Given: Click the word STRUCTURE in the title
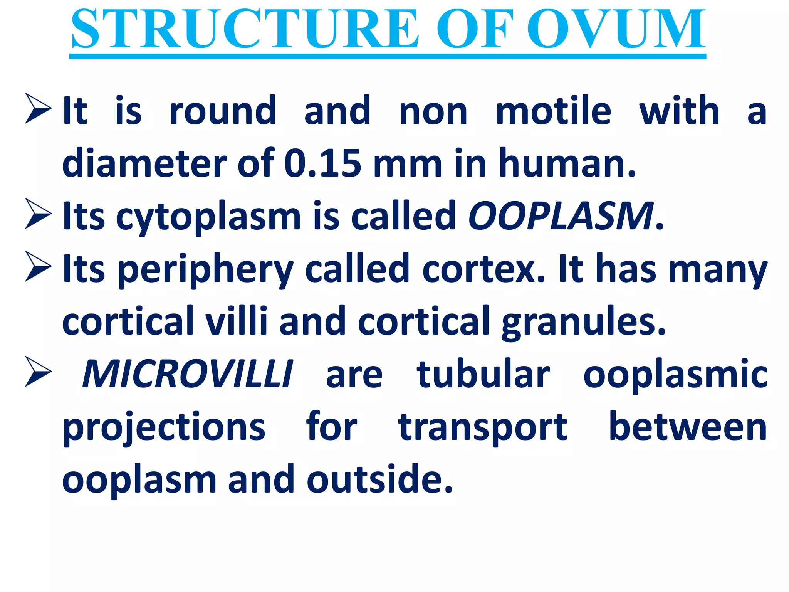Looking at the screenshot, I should [x=245, y=30].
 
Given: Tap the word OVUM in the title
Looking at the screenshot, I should [x=616, y=30].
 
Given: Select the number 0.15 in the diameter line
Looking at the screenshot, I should [x=323, y=164].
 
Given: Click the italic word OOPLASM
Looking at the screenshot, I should [x=561, y=216].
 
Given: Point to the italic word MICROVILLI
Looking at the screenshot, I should [x=188, y=374].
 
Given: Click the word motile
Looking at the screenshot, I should [x=553, y=111].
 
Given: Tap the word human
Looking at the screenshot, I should [x=566, y=164].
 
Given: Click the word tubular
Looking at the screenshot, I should [x=483, y=374].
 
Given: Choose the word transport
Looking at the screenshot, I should [x=483, y=427].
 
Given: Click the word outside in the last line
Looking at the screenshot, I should [x=379, y=479].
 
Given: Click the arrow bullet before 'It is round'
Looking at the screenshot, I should [x=38, y=108].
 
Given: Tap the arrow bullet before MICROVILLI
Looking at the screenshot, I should [x=38, y=372].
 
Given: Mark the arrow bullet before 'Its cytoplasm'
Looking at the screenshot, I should [x=38, y=214].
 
